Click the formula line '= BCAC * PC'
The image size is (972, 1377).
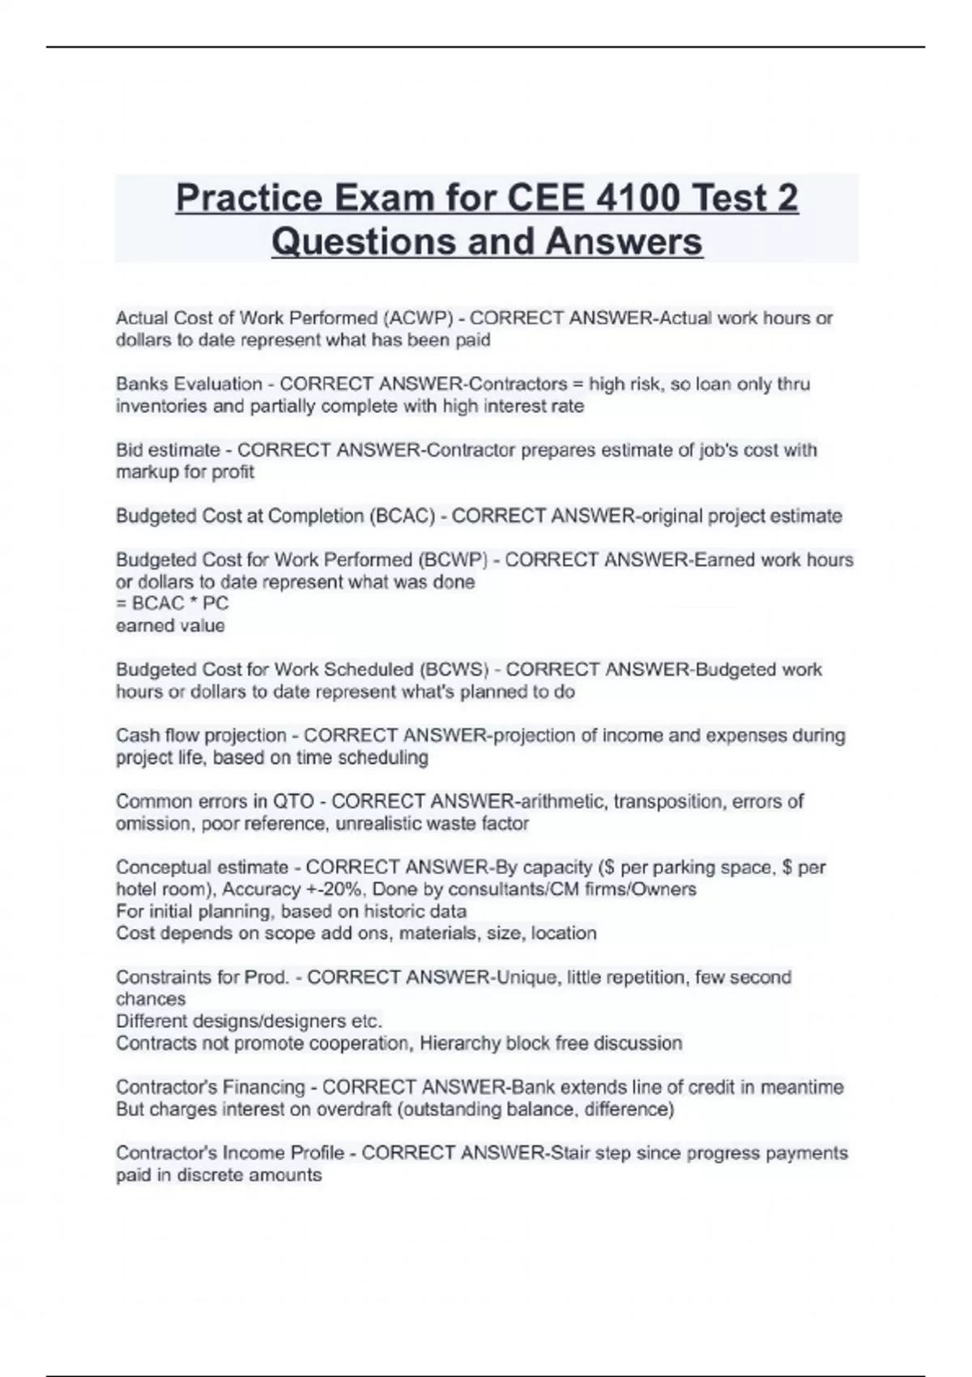click(172, 603)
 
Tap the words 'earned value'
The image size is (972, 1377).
click(170, 625)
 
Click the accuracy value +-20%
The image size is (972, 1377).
click(330, 889)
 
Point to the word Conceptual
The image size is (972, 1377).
click(161, 868)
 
